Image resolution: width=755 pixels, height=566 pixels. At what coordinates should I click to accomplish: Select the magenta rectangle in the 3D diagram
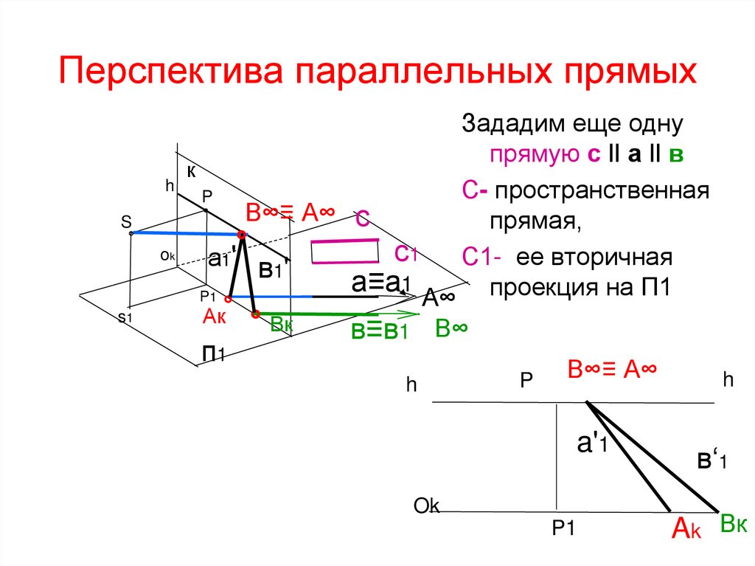point(345,251)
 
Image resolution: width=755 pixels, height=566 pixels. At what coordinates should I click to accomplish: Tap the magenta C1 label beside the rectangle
point(406,254)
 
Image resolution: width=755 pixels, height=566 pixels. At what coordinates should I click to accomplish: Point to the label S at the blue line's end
point(126,221)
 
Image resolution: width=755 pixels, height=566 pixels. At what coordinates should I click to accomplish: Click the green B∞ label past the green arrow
point(452,328)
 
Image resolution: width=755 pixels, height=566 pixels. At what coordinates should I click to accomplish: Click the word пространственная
point(602,190)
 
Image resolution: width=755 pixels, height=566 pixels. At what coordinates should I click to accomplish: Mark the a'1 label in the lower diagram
point(592,444)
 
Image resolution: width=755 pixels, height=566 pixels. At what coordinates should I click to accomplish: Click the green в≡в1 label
point(378,331)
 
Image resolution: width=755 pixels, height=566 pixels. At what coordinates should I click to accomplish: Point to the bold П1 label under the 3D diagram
point(214,354)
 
